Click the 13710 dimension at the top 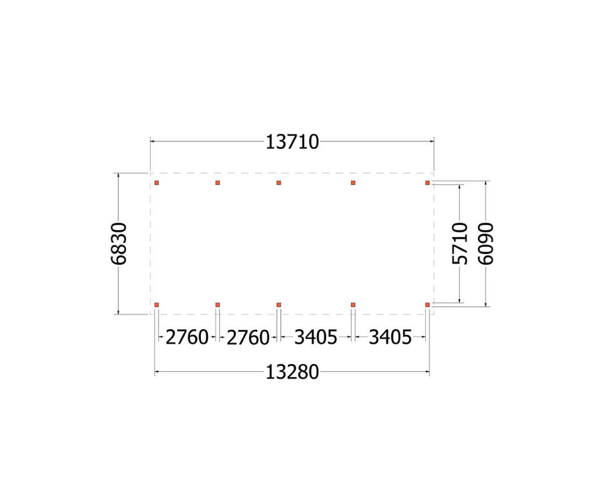point(292,142)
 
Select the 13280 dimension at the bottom point(292,372)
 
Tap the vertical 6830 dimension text point(119,244)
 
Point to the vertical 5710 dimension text point(459,244)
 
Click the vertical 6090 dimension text point(485,244)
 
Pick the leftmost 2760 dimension point(187,338)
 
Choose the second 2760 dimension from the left point(248,338)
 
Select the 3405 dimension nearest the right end point(390,338)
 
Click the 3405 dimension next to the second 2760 point(316,338)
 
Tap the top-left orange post point(157,183)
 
